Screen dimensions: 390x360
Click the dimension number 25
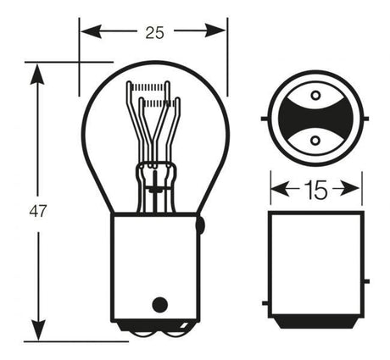[154, 33]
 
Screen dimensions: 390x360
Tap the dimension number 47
[37, 211]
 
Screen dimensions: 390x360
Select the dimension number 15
[316, 190]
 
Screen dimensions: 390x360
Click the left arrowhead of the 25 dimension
[91, 31]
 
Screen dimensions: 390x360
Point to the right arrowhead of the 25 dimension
[215, 30]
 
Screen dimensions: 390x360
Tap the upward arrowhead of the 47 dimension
[37, 75]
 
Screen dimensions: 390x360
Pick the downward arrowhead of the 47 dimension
[38, 330]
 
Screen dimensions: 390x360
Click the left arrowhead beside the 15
[280, 189]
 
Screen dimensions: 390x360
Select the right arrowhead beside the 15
[351, 189]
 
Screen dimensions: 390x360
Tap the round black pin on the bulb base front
[160, 305]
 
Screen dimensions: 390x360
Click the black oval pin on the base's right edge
[200, 225]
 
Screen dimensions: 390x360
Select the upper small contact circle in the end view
[315, 95]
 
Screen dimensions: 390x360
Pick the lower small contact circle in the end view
[315, 140]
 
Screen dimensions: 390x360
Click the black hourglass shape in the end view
[315, 118]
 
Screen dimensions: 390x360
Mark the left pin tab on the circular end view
[265, 119]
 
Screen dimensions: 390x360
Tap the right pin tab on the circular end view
[366, 119]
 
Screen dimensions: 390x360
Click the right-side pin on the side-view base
[366, 281]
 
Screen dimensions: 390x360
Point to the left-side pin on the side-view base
[265, 303]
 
